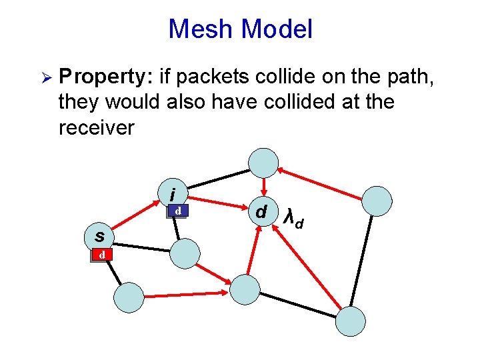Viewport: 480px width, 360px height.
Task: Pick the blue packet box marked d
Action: [177, 211]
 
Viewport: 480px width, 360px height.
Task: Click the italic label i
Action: [173, 195]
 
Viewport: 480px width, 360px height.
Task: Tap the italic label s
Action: [99, 236]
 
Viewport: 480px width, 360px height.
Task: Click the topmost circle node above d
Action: [263, 161]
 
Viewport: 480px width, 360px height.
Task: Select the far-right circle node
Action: [377, 201]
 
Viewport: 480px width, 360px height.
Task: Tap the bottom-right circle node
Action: [350, 321]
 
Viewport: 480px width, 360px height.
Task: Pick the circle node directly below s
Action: [128, 297]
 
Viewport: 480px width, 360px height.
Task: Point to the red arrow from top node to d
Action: [263, 186]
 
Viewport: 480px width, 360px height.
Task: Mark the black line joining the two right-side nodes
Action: [364, 260]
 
